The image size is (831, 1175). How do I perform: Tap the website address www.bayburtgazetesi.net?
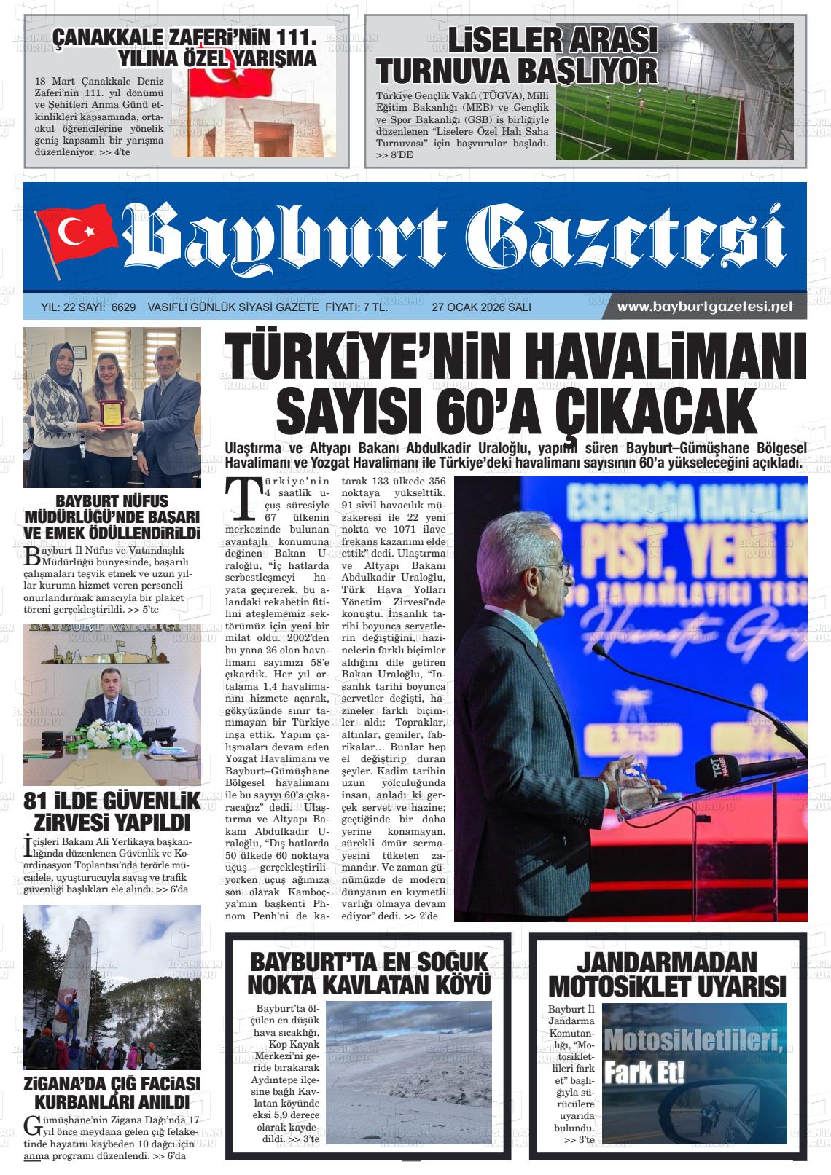coord(705,307)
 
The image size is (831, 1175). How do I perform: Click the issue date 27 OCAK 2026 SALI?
coord(481,307)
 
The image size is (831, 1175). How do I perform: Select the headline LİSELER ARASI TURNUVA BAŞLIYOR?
coord(517,56)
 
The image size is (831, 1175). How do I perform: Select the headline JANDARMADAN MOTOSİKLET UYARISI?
coord(667,974)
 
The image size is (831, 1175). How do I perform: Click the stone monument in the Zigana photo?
coord(79,969)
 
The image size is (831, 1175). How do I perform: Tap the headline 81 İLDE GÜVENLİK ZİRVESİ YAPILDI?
coord(112,812)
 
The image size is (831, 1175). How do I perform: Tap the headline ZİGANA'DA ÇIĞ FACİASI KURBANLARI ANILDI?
coord(112,1092)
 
